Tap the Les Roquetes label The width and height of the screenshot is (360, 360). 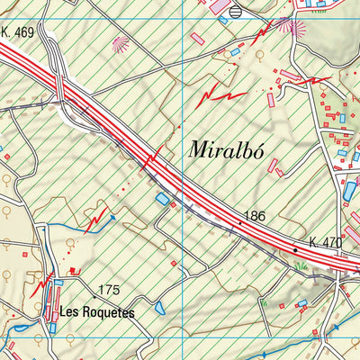click(96, 313)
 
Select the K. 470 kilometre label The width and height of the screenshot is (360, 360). click(325, 242)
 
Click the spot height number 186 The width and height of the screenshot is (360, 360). click(253, 217)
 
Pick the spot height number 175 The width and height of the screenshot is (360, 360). click(109, 289)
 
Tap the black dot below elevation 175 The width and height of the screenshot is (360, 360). click(94, 296)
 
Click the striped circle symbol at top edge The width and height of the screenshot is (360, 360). click(236, 12)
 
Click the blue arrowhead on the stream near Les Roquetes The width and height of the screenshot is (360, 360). click(112, 217)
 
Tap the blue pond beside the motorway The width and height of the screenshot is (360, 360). click(163, 198)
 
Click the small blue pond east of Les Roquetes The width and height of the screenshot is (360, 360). click(160, 309)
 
